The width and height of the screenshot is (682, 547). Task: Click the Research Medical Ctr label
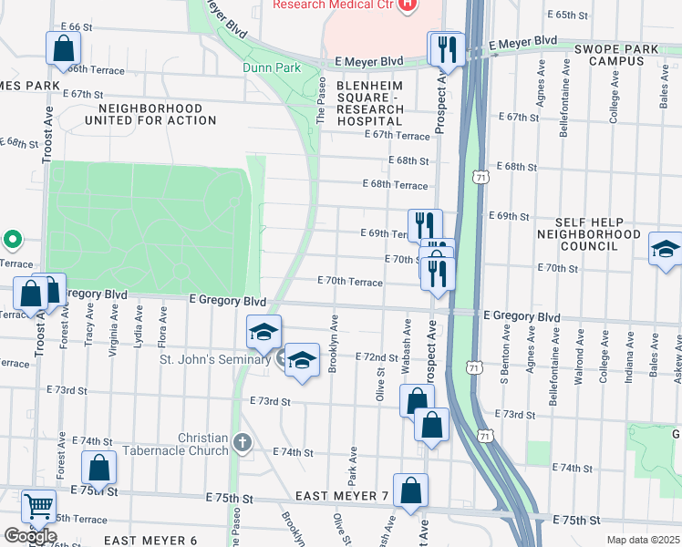coord(334,5)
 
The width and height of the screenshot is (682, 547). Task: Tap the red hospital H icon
coord(408,5)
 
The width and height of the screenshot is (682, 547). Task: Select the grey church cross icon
coord(241,444)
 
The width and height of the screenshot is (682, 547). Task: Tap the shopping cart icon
coord(38,506)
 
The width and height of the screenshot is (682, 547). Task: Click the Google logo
coord(30,536)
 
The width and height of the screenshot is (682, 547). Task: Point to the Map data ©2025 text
coord(643,540)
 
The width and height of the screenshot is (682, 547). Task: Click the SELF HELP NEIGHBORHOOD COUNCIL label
coord(603,234)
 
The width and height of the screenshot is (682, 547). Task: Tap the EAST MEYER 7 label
coord(341,496)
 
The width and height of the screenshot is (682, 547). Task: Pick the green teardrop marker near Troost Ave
coord(13,241)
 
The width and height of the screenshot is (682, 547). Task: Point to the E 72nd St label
coord(377,356)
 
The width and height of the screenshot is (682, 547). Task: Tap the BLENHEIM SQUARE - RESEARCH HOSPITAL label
coord(370,98)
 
